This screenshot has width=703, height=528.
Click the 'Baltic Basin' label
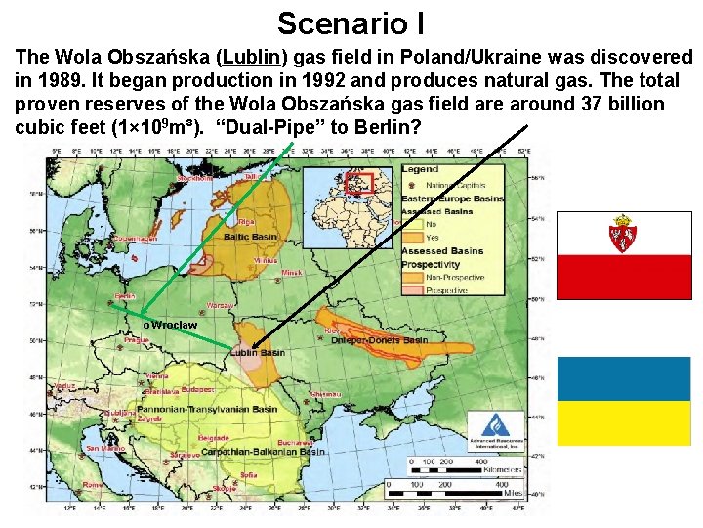point(250,237)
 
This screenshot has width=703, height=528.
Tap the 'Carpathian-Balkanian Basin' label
point(258,452)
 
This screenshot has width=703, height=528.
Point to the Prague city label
point(137,339)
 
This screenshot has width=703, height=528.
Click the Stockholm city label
point(195,179)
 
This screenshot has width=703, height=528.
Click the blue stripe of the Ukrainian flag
point(623,378)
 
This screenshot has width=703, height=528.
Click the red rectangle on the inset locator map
point(362,183)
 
